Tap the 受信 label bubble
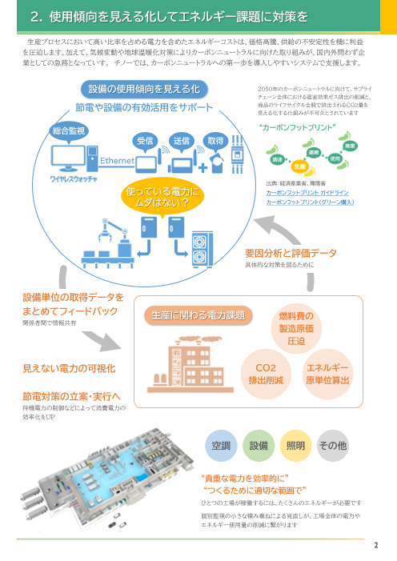pos(145,140)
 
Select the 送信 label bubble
pos(181,140)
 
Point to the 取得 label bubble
pos(215,140)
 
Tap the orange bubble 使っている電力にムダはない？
pos(162,197)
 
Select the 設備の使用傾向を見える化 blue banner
pos(145,88)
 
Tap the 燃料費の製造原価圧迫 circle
pos(295,328)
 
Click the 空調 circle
pos(219,445)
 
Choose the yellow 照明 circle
pos(295,445)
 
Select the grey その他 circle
pos(333,445)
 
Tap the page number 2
pos(375,547)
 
